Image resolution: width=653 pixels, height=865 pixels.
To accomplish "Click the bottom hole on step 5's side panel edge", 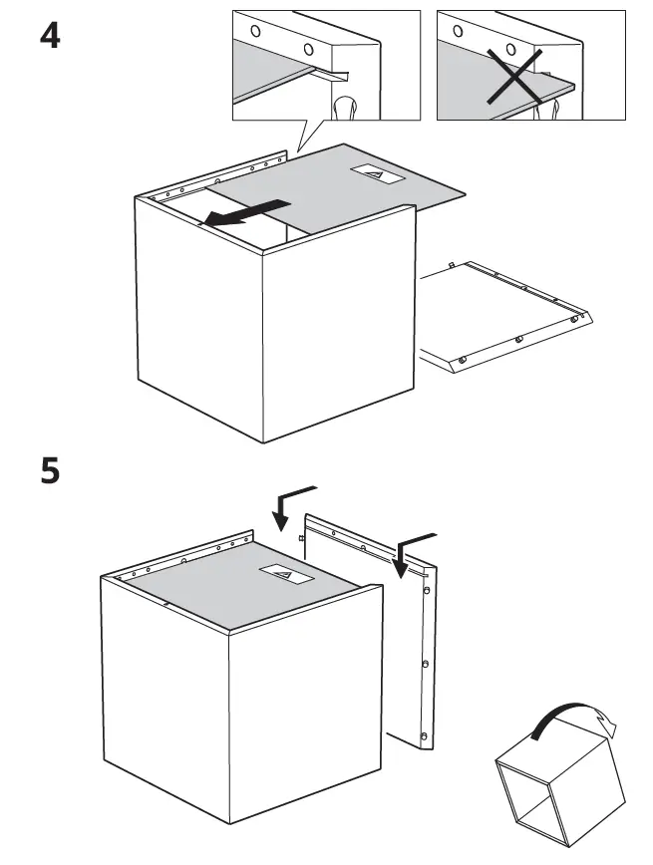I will (x=425, y=736).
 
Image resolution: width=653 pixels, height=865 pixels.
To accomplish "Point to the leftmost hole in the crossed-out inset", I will (x=459, y=31).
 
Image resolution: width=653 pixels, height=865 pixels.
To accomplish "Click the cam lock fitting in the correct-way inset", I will (x=346, y=108).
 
